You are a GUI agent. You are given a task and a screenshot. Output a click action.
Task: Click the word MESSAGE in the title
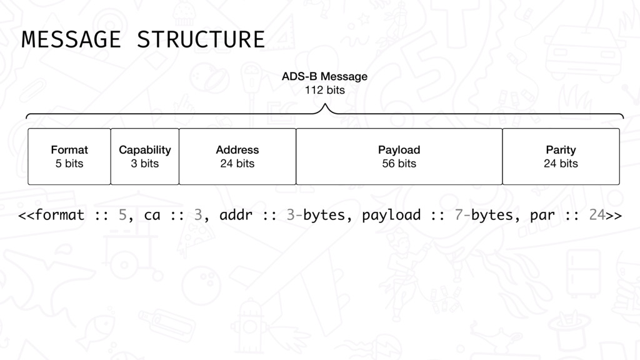tap(71, 39)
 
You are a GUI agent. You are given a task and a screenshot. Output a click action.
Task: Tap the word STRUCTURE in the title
tap(201, 39)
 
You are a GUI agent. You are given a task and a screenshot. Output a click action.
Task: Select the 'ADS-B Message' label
tap(324, 76)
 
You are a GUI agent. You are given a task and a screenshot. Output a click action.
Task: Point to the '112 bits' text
tap(324, 90)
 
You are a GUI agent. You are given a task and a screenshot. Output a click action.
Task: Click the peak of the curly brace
tap(325, 104)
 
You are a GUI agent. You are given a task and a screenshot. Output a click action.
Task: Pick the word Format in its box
tap(69, 150)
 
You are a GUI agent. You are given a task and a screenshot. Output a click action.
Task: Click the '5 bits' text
tap(69, 164)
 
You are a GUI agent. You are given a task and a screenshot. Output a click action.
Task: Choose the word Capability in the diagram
tap(145, 150)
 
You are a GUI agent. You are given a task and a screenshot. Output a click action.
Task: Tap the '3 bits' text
tap(145, 164)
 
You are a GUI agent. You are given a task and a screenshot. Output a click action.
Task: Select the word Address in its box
tap(237, 150)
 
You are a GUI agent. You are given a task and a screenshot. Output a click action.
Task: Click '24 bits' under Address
tap(237, 164)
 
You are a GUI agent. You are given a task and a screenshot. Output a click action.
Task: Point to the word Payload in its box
tap(399, 150)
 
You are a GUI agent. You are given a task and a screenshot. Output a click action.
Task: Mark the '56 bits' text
tap(399, 164)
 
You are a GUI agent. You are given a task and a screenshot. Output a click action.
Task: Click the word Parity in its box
tap(561, 150)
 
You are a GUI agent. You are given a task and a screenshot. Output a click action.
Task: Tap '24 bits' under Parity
tap(561, 164)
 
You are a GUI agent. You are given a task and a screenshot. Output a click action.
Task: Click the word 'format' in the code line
tap(59, 215)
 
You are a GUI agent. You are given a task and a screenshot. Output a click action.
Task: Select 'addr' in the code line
tap(236, 215)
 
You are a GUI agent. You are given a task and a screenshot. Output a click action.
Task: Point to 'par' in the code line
tap(542, 216)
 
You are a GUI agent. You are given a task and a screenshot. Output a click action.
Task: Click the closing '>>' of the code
tap(614, 215)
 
